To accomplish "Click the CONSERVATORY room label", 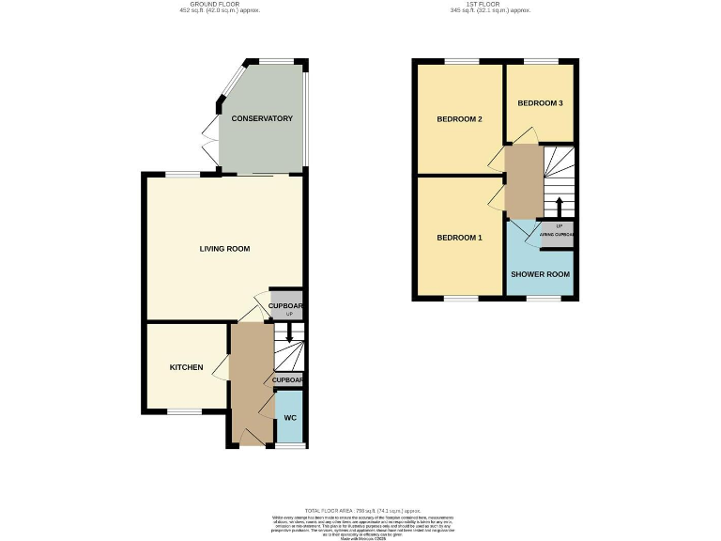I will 262,119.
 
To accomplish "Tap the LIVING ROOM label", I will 224,249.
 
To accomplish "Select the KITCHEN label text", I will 186,367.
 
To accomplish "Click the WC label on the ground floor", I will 290,417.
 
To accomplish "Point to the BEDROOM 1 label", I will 459,238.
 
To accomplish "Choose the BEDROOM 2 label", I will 459,119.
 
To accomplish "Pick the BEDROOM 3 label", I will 540,102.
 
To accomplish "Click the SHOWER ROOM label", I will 540,274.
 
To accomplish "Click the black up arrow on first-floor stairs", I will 560,205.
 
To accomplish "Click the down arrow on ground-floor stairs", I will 289,332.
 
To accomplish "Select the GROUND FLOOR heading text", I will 219,6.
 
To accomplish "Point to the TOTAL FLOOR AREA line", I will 360,508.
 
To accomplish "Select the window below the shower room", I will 541,300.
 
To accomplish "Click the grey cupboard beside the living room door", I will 286,305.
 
